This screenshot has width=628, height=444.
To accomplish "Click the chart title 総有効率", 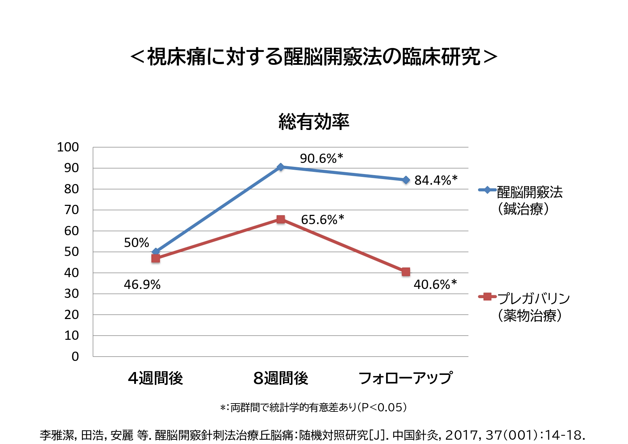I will pos(314,122).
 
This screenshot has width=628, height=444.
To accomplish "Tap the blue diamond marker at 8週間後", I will pos(281,167).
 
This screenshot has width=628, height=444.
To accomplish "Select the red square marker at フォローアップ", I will pos(406,272).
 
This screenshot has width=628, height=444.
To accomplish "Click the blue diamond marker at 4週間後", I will pos(156,251).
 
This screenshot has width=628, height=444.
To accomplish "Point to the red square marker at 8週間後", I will pos(281,219).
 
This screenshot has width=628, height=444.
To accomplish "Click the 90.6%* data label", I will pos(321,158).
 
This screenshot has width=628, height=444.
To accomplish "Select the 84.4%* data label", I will pos(436,180).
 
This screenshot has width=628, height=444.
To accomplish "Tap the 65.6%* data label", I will pos(322,219).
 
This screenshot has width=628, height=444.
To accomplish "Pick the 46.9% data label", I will pos(142,285).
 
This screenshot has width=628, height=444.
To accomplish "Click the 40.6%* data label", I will pos(435,285).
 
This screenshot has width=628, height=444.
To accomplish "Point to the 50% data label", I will pos(136,243).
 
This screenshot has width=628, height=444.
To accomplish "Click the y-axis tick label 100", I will pos(68,147).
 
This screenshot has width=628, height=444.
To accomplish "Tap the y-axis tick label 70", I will pos(72,210).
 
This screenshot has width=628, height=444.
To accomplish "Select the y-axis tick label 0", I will pos(75,357).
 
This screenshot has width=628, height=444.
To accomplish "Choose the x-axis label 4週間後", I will pos(156,378).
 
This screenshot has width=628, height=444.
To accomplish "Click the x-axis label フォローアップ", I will pos(405,378).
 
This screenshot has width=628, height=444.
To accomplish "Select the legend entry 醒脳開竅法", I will pos(530,193).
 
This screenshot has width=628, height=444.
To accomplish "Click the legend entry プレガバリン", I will pos(533,298).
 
